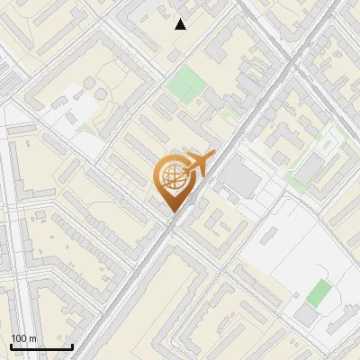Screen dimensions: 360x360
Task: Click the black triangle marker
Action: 181,24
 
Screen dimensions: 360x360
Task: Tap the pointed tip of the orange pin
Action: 173,211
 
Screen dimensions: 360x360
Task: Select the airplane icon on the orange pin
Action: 197,166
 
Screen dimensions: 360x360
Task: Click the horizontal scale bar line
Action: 41,347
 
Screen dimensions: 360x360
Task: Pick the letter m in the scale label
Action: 32,338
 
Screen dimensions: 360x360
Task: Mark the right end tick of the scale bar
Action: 72,346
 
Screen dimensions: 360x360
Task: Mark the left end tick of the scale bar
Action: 11,346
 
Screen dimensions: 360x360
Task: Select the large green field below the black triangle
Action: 186,84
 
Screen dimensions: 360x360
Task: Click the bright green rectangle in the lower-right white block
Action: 319,292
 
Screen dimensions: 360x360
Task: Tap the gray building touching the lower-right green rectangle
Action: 308,315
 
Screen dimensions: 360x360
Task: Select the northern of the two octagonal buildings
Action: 91,83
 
